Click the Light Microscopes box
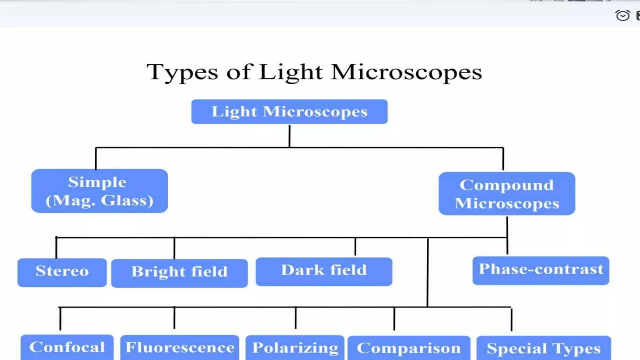pos(289,112)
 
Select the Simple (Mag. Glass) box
pos(99,191)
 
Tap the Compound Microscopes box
pos(507,194)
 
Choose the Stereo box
pos(62,272)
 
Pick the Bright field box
pos(179,273)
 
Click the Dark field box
pos(324,271)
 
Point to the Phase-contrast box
pos(541,271)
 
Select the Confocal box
pos(67,347)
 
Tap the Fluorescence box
pos(180,347)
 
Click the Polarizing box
pos(295,348)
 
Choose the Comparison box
pos(409,348)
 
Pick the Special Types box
pos(543,348)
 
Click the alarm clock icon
pos(622,15)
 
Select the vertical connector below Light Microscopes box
pos(289,136)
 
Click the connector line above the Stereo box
pos(56,247)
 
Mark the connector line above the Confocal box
pos(60,319)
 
